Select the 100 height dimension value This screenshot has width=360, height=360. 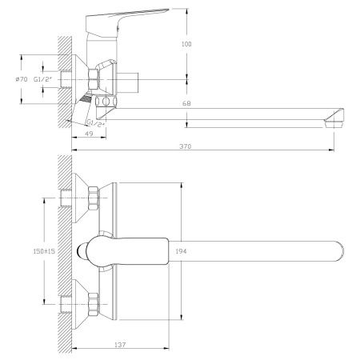pyautogui.click(x=186, y=44)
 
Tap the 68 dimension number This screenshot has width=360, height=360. pyautogui.click(x=186, y=102)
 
